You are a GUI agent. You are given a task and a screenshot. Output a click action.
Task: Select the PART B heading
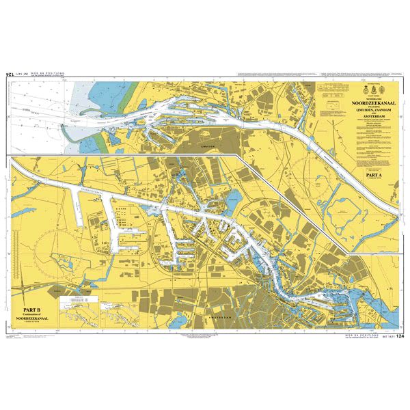coord(34,309)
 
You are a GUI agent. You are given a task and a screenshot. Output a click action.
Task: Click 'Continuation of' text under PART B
coord(34,315)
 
